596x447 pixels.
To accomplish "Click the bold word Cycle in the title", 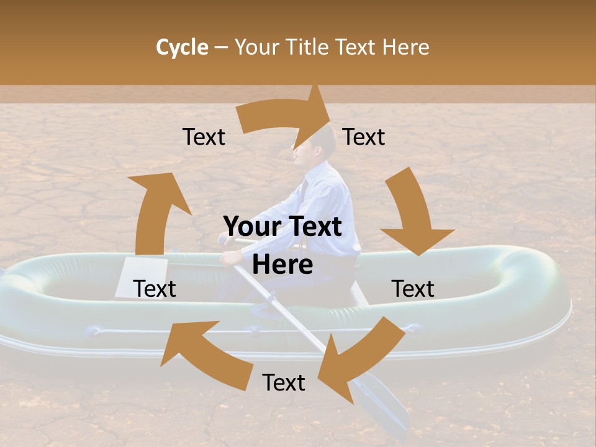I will click(182, 47).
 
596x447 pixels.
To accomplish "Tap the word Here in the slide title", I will click(405, 47).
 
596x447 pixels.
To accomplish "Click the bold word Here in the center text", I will click(282, 265).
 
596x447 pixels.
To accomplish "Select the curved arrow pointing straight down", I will click(413, 214).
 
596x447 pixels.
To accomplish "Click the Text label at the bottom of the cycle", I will click(284, 383).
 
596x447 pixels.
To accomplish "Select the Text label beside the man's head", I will click(364, 137).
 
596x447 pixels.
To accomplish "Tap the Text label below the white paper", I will click(155, 289).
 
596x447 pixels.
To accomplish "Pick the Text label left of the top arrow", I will click(204, 137).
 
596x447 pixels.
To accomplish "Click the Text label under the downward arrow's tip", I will click(413, 289).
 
